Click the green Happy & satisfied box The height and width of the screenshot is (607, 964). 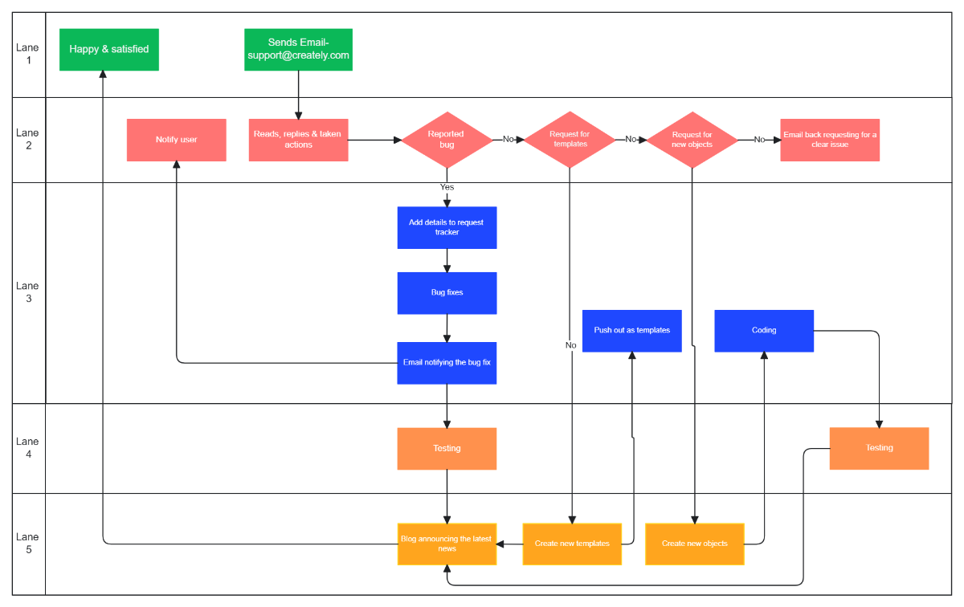[x=109, y=49]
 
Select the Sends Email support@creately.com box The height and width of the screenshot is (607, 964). [x=298, y=49]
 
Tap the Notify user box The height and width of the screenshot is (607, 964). [x=176, y=140]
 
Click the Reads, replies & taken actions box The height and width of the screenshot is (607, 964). [x=298, y=140]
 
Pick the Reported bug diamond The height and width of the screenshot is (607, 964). [x=447, y=140]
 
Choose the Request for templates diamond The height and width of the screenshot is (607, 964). [x=570, y=140]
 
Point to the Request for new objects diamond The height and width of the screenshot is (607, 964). [x=692, y=140]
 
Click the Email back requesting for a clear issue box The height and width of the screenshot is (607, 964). [x=830, y=140]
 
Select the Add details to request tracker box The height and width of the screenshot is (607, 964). [x=447, y=227]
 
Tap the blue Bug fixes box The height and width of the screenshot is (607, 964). [x=447, y=293]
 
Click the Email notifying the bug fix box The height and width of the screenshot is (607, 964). [x=447, y=363]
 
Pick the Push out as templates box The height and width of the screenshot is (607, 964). [x=631, y=331]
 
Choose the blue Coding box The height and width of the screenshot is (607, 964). [x=764, y=331]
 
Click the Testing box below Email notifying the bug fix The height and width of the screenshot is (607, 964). [x=447, y=448]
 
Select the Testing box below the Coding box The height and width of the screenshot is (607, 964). [x=879, y=448]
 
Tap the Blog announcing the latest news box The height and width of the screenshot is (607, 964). [x=447, y=544]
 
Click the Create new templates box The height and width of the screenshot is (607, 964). [x=572, y=544]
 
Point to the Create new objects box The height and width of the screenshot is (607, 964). [x=695, y=544]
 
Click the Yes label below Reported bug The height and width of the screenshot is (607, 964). [x=447, y=187]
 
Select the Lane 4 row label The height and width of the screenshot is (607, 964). [x=27, y=448]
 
